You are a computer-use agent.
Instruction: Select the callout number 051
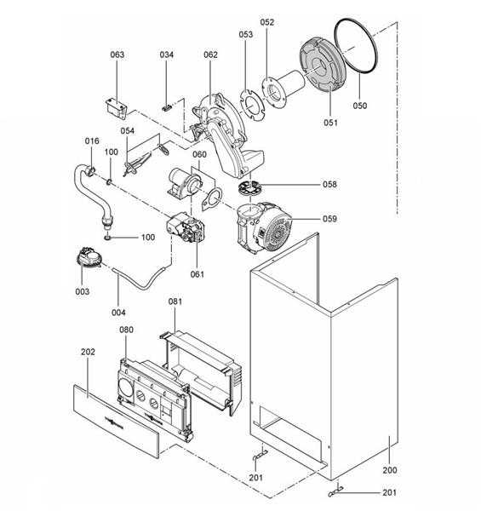click(330, 123)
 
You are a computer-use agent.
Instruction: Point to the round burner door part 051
click(318, 73)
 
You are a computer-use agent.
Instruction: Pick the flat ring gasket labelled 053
click(248, 100)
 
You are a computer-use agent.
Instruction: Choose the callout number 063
click(117, 55)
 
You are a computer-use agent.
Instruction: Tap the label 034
click(168, 55)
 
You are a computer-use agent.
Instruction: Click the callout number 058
click(329, 184)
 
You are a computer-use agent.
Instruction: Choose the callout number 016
click(91, 141)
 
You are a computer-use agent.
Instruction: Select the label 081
click(175, 301)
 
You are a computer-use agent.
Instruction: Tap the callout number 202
click(88, 351)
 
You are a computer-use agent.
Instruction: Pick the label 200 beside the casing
click(389, 469)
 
